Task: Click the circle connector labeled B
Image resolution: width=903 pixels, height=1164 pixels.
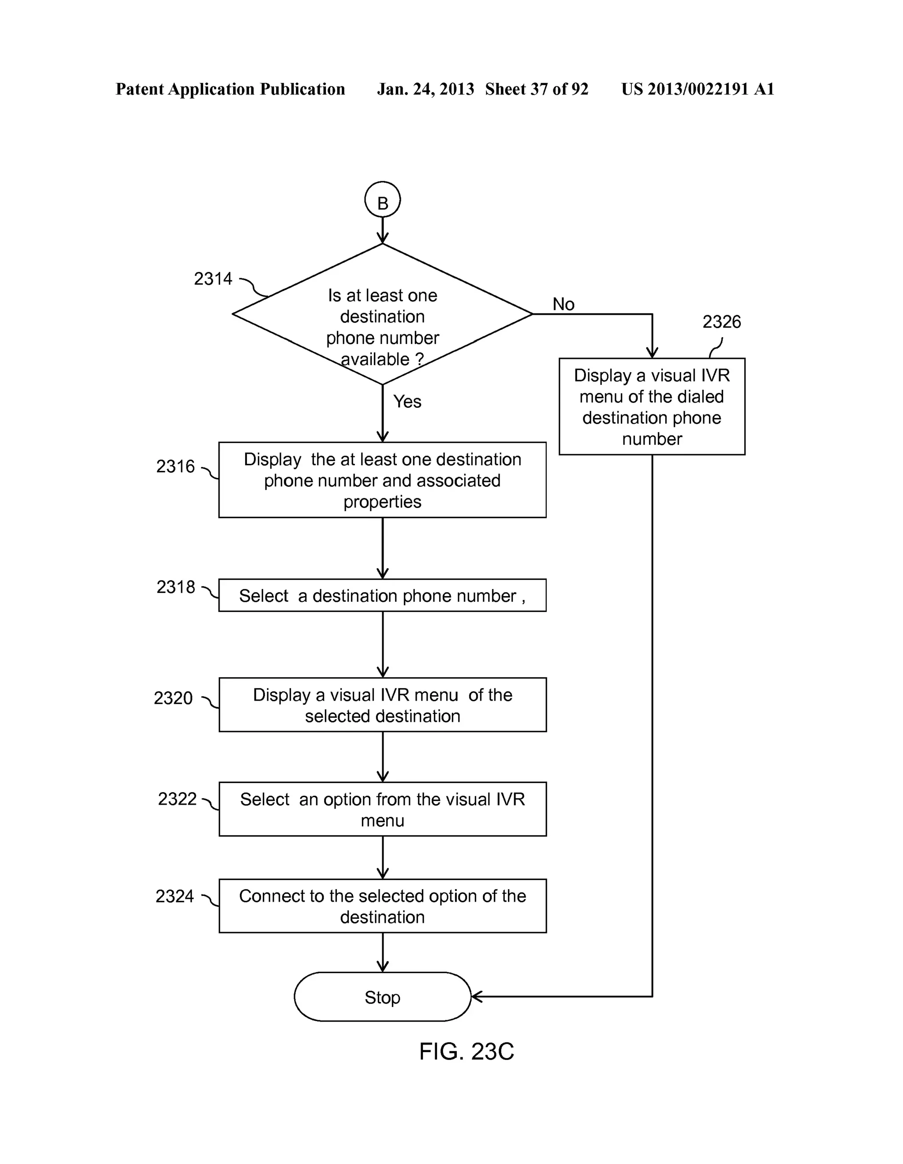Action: [382, 200]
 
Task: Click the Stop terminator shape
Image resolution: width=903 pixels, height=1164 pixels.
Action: [382, 996]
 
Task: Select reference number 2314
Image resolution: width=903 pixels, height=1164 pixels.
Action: [213, 279]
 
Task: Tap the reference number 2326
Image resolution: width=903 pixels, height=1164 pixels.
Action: [721, 322]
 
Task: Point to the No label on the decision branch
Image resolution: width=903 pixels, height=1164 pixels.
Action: [563, 304]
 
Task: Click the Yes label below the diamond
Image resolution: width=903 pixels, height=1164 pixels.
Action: [407, 401]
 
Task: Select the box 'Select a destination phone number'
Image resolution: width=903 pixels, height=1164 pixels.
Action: [382, 595]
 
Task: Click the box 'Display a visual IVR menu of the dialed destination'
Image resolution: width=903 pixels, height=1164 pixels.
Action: [651, 407]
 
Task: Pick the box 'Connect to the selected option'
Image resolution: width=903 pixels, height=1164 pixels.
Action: [382, 906]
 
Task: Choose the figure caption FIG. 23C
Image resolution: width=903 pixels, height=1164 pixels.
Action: [466, 1052]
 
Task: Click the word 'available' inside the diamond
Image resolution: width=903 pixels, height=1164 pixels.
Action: [375, 359]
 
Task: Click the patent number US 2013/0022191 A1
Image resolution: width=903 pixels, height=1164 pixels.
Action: [697, 89]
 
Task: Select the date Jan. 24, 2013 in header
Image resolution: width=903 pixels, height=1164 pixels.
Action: [425, 89]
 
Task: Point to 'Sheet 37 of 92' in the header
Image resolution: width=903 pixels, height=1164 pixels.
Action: [536, 89]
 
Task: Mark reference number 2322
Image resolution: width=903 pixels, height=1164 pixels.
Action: [177, 799]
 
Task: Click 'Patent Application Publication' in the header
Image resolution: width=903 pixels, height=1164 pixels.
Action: [230, 89]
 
